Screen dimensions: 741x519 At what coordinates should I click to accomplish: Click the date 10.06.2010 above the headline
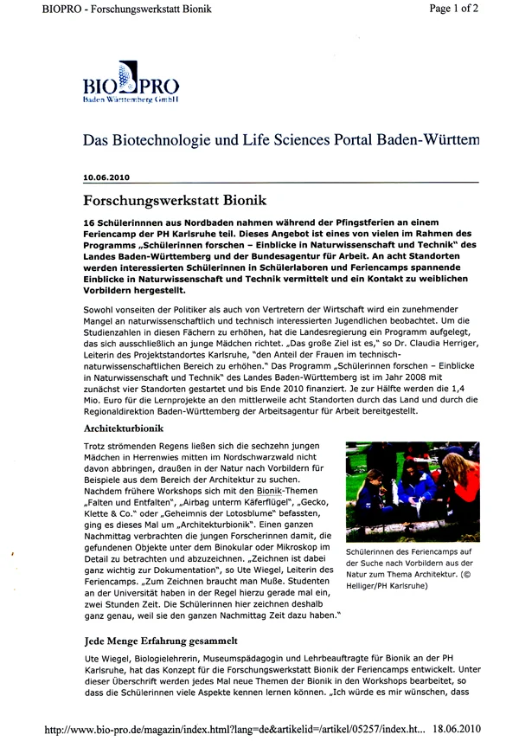tap(106, 177)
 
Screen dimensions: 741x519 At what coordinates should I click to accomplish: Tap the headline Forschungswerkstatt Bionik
tap(174, 201)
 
